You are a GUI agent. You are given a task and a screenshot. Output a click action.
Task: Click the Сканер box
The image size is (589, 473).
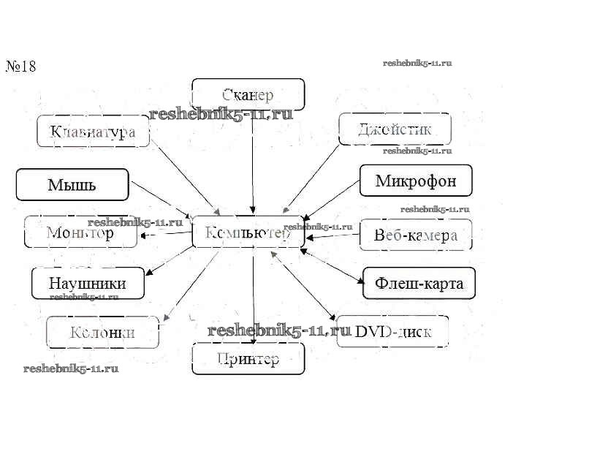[x=248, y=94]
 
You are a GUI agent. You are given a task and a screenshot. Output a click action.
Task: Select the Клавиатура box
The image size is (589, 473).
[x=93, y=132]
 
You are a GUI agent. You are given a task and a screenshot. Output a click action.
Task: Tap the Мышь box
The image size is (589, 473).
[x=72, y=184]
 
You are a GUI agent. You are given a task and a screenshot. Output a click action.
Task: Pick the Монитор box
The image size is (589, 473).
[x=80, y=232]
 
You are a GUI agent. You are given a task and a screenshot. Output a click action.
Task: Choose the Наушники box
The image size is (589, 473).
[x=88, y=283]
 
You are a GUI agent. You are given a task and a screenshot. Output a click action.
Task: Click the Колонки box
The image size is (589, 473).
[x=102, y=333]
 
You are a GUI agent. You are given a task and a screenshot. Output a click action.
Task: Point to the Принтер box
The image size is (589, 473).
[x=248, y=359]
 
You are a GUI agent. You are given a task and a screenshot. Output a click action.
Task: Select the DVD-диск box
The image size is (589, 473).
[x=392, y=332]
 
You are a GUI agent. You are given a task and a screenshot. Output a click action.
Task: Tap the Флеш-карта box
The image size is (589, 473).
[x=419, y=283]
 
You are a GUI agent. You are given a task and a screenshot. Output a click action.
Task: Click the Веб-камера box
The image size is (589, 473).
[x=416, y=235]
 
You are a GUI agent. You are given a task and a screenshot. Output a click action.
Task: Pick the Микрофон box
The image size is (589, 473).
[x=416, y=181]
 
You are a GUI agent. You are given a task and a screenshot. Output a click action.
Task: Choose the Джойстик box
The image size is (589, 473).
[x=395, y=129]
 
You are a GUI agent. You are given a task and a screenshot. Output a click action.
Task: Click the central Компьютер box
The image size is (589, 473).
[x=248, y=232]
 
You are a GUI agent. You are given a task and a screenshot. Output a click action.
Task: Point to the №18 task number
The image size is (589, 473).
[x=21, y=67]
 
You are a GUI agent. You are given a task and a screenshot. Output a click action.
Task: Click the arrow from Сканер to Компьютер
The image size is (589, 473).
[x=252, y=161]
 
